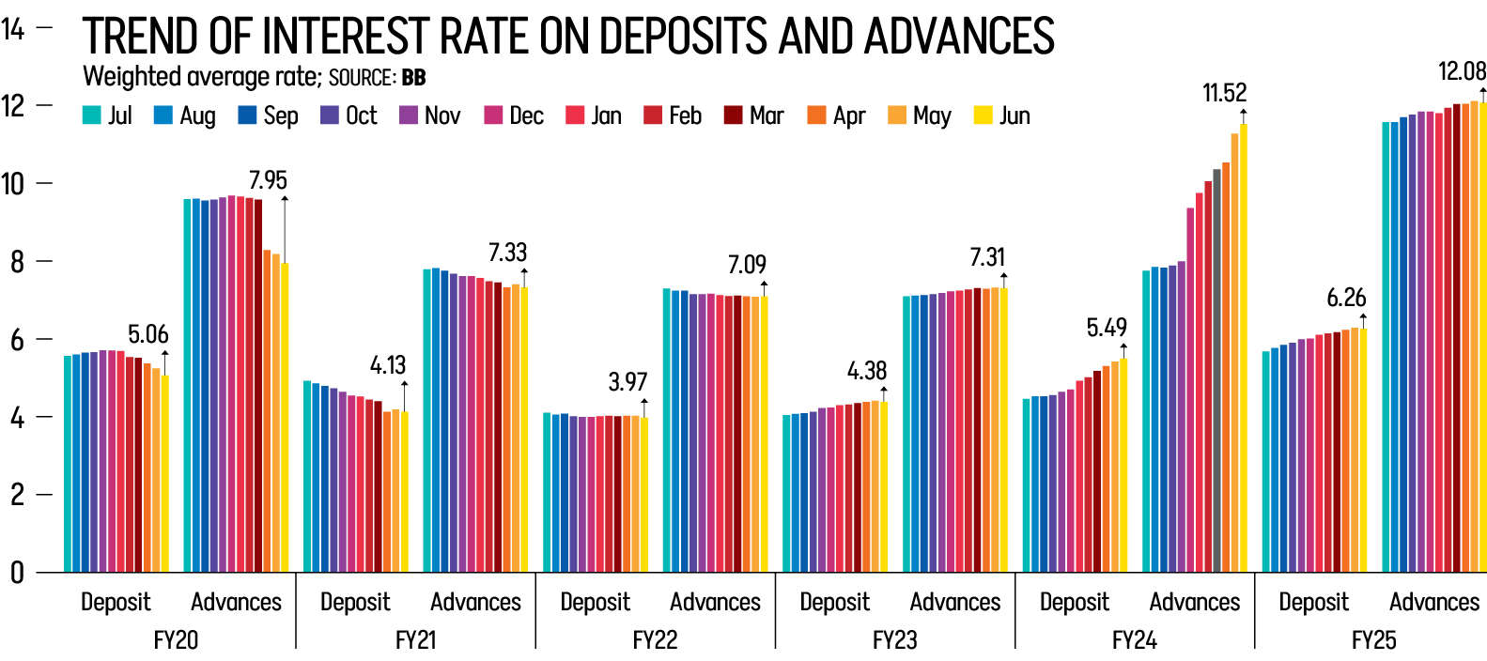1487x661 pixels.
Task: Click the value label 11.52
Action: (1224, 93)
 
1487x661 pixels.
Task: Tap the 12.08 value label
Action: (1462, 71)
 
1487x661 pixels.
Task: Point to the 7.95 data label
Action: (268, 180)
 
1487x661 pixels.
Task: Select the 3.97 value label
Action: (627, 382)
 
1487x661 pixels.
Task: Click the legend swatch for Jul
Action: (91, 115)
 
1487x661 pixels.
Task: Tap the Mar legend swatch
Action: (734, 115)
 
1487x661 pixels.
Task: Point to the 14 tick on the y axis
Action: (13, 29)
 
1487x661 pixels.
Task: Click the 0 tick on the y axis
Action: (17, 572)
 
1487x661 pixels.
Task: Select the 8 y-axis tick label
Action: (17, 261)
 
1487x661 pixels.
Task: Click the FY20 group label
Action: (176, 640)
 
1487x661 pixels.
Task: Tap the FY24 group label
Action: (1134, 640)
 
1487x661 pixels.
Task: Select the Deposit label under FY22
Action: (595, 602)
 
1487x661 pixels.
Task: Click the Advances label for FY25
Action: (1434, 602)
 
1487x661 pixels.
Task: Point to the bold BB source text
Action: (413, 77)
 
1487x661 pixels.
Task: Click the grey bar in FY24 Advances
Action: (1216, 371)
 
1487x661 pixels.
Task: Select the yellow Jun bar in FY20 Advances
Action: (285, 418)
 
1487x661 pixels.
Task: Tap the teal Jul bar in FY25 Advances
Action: (1386, 347)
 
